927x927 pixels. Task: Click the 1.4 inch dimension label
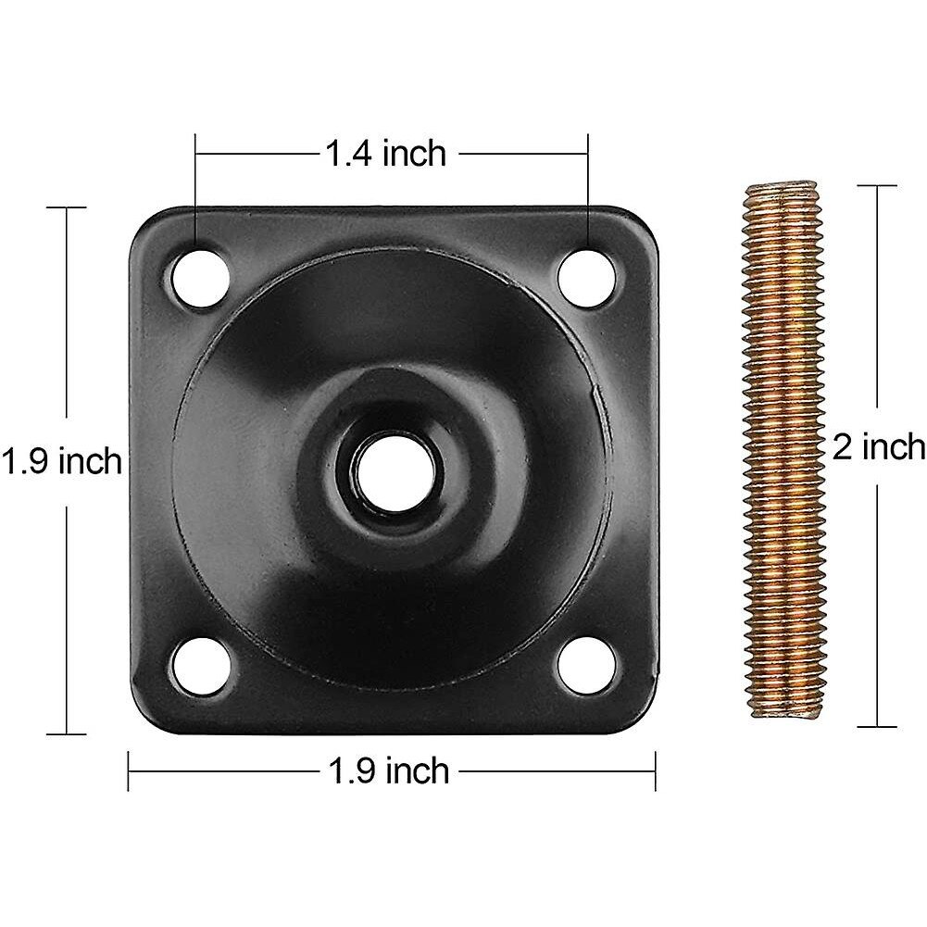[x=384, y=154]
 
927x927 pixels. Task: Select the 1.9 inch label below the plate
[x=390, y=770]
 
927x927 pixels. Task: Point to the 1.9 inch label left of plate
[x=61, y=460]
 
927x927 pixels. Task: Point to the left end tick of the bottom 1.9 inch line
[x=129, y=770]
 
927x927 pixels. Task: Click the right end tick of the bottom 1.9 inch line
[x=656, y=770]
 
